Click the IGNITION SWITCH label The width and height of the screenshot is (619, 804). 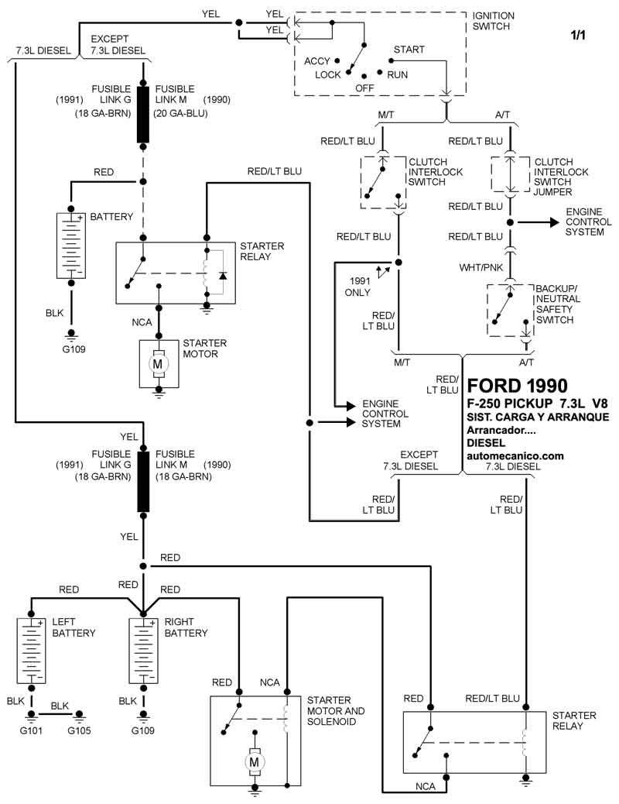(x=494, y=20)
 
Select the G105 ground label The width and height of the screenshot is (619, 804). (x=79, y=730)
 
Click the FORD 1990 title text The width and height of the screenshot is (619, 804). (x=517, y=386)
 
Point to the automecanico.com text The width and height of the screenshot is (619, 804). (x=515, y=456)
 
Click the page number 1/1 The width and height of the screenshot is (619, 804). (x=580, y=36)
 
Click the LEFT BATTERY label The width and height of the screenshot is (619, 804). (x=73, y=627)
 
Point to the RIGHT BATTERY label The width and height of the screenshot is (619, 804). (x=186, y=627)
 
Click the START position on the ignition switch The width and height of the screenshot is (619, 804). (x=409, y=50)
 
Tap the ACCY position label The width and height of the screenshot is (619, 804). (x=317, y=61)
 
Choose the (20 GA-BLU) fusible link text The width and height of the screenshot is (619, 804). (x=180, y=114)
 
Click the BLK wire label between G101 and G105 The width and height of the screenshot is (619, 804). (x=61, y=706)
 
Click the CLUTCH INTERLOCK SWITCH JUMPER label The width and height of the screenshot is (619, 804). (x=562, y=176)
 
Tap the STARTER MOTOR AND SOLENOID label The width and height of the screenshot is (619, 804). (x=335, y=710)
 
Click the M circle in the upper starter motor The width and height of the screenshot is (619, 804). (x=158, y=362)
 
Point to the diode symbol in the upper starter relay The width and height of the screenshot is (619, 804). (x=223, y=275)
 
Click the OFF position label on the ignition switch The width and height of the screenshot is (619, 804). (x=364, y=88)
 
